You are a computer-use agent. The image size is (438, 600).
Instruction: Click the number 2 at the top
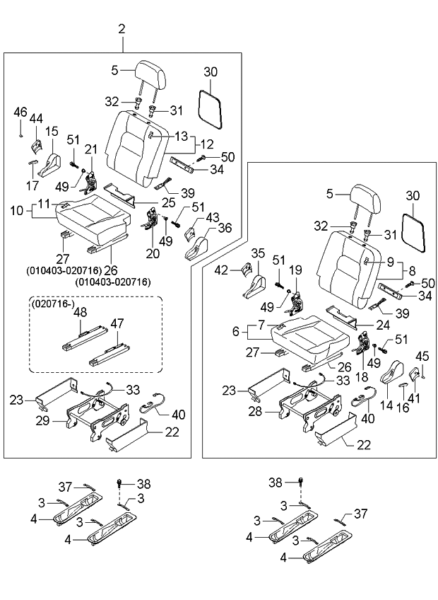pos(122,29)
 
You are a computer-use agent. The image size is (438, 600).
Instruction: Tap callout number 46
pos(20,112)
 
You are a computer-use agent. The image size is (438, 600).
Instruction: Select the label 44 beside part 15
pos(36,119)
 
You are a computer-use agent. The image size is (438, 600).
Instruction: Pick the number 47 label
pos(117,323)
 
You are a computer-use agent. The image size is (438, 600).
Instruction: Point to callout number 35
pos(258,253)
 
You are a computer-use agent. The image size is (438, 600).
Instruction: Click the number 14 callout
pos(387,405)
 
